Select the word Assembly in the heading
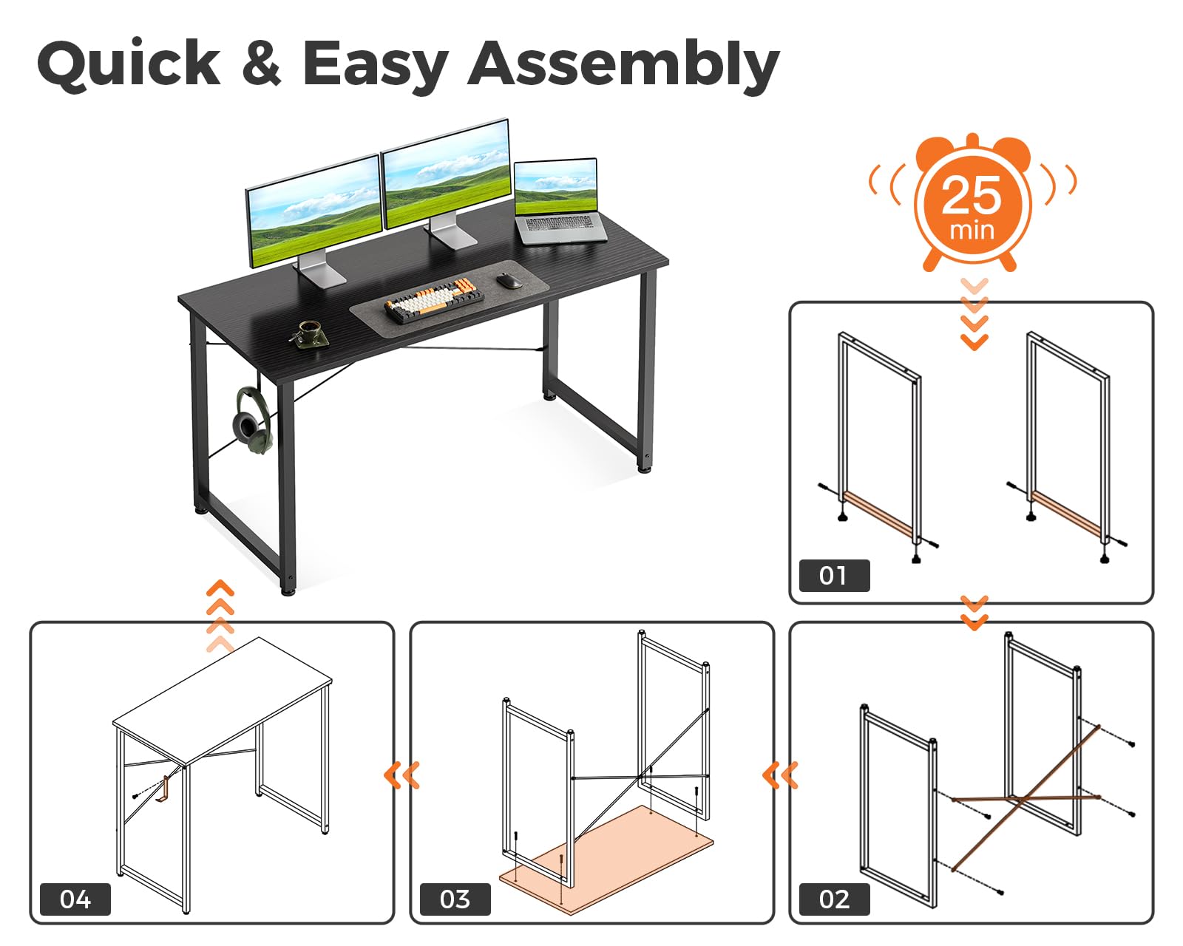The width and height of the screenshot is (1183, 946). [x=623, y=67]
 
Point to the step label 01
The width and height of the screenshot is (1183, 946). [x=834, y=576]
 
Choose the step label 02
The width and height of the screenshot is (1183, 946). [x=834, y=899]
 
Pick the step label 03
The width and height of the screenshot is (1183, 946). [x=455, y=899]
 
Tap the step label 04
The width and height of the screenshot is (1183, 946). [x=75, y=899]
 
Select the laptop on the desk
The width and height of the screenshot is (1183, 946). [x=558, y=201]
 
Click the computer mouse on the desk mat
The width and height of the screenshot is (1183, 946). [x=509, y=280]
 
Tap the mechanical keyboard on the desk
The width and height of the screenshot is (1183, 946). [x=434, y=302]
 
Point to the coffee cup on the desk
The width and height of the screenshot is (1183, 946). [x=309, y=333]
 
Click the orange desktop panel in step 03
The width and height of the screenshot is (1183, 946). [x=606, y=860]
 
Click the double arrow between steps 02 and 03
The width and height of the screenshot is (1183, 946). [x=780, y=775]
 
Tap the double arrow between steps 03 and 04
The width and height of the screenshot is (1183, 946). [x=401, y=775]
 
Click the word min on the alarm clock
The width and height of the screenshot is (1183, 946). [x=972, y=231]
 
